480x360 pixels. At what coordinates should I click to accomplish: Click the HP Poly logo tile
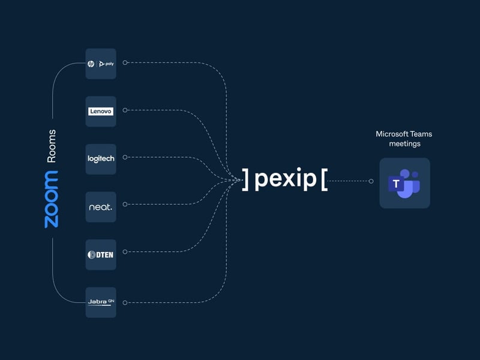(101, 63)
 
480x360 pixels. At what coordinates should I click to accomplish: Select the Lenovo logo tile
(101, 111)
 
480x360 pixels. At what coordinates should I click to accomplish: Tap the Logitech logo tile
(101, 159)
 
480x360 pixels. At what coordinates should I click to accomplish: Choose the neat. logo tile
(101, 207)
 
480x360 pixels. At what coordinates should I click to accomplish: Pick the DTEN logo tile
(101, 255)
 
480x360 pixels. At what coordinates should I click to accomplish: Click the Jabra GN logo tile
(101, 302)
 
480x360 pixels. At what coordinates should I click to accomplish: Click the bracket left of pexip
(245, 179)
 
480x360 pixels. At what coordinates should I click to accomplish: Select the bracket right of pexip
(324, 179)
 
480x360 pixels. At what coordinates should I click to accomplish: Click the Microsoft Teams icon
(404, 183)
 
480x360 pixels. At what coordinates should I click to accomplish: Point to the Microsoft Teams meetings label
(404, 139)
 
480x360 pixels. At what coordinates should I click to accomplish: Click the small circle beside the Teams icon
(371, 181)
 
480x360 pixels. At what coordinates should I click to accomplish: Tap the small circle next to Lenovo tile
(125, 110)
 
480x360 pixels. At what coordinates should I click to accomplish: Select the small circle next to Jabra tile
(125, 302)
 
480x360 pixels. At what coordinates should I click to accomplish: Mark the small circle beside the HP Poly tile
(125, 62)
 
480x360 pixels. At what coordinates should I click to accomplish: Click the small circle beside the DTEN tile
(125, 254)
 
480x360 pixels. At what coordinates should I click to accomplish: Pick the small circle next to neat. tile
(125, 206)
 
